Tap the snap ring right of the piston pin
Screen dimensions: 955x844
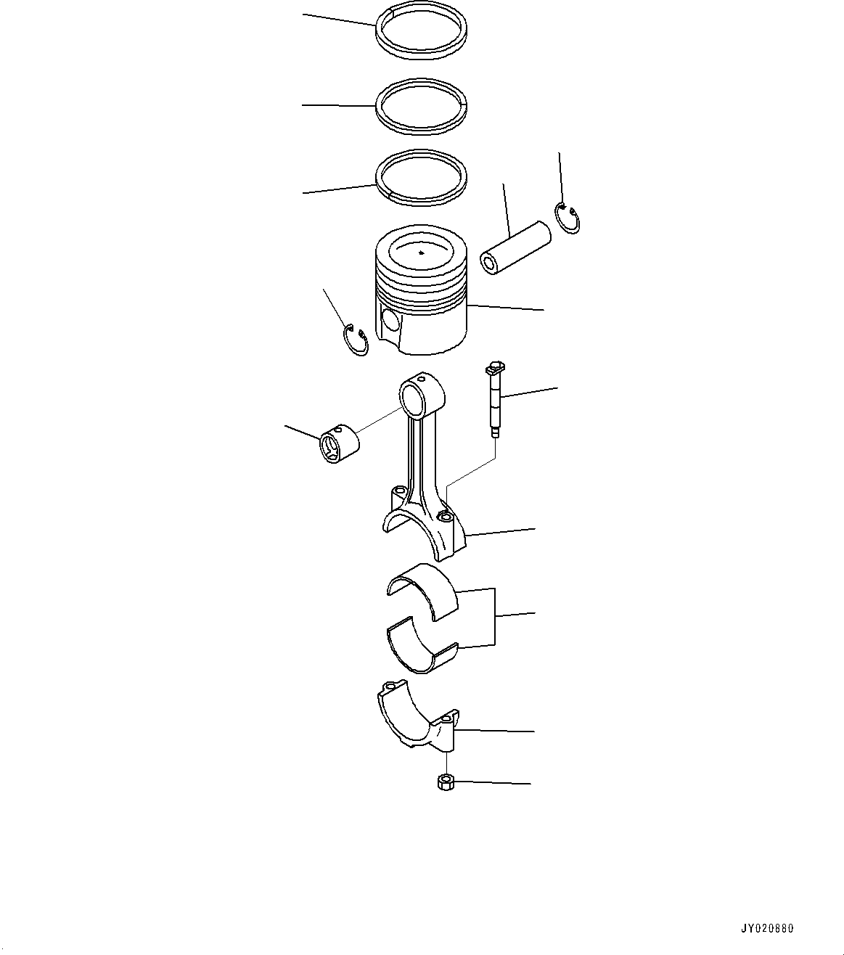coord(568,219)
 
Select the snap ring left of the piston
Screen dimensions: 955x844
coord(355,341)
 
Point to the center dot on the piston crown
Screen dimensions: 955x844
coord(422,253)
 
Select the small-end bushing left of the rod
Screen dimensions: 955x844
coord(339,445)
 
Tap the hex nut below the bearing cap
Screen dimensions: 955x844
coord(445,782)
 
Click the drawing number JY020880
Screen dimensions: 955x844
coord(768,928)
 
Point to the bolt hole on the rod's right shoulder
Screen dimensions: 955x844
coord(446,516)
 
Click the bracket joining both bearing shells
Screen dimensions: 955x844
coord(495,616)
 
